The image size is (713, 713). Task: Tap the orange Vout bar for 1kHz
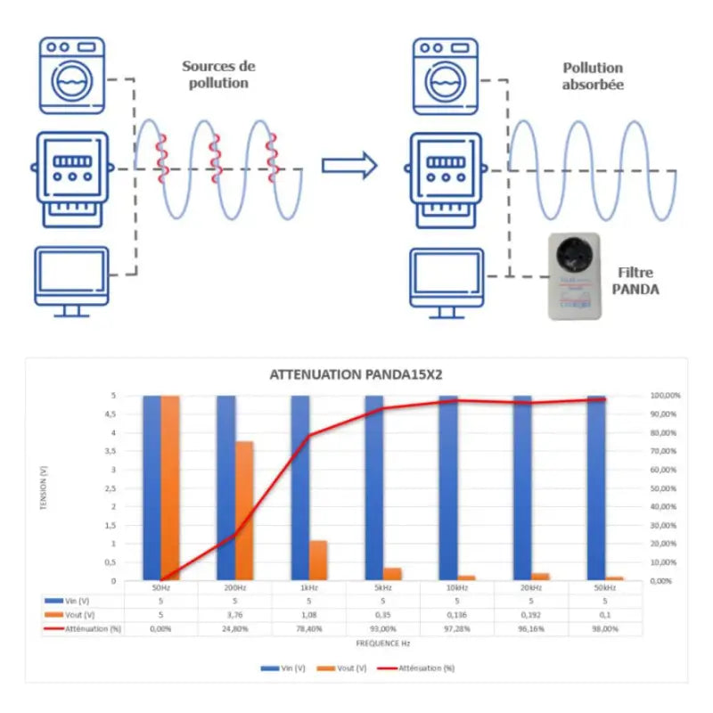coord(318,560)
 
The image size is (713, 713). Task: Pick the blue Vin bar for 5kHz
coord(373,488)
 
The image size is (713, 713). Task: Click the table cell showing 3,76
coord(234,614)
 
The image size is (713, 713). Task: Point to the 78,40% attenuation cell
coord(308,628)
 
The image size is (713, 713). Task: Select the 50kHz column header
coord(603,587)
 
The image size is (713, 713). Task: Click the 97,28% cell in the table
coord(456,628)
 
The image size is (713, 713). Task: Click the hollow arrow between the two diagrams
coord(348,165)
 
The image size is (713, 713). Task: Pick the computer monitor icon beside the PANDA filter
coord(448,281)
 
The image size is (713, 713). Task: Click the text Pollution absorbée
coord(593,76)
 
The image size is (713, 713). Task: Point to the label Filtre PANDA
coord(638,280)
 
